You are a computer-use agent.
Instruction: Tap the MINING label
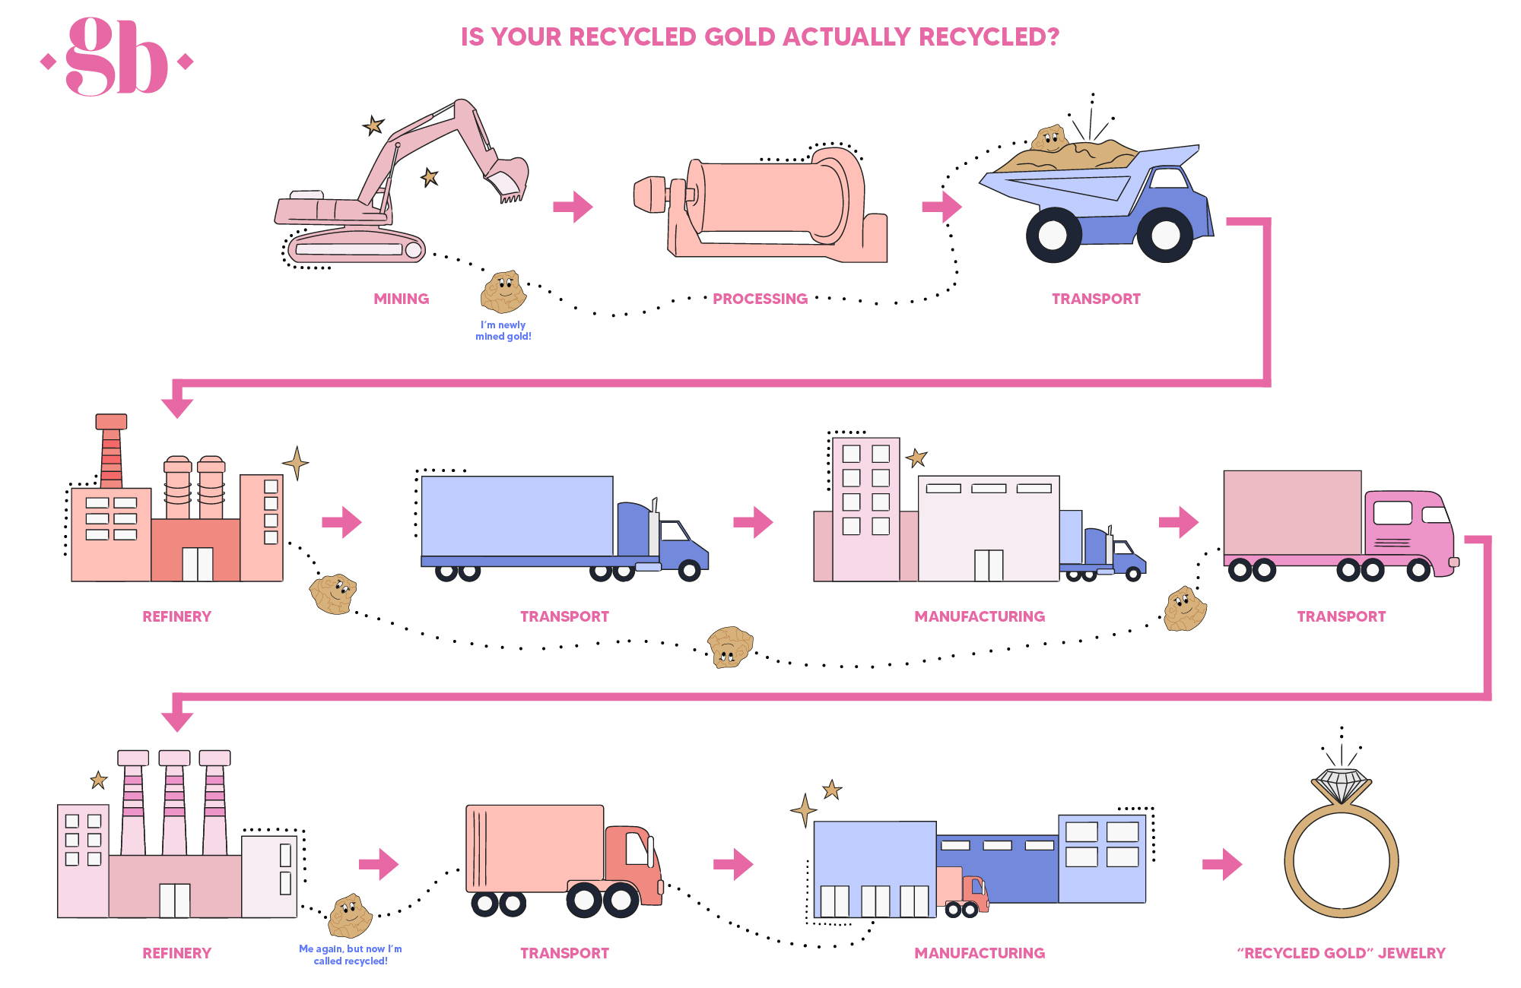(x=401, y=299)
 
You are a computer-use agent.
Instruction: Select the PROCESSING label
(x=760, y=299)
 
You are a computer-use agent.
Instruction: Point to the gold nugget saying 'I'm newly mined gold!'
(x=503, y=292)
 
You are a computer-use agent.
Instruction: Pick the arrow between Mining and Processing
(x=573, y=207)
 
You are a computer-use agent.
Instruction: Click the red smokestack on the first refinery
(x=111, y=451)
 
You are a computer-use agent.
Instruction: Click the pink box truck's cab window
(x=1393, y=514)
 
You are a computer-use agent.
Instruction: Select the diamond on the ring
(x=1342, y=783)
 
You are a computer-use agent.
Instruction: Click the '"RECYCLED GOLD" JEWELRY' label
(x=1341, y=953)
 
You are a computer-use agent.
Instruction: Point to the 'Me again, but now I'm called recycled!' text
(x=351, y=955)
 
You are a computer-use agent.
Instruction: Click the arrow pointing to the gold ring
(x=1221, y=864)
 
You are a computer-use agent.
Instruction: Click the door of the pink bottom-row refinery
(x=174, y=900)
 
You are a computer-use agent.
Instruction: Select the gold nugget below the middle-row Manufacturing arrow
(x=730, y=647)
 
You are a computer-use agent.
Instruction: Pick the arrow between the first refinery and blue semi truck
(x=341, y=522)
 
